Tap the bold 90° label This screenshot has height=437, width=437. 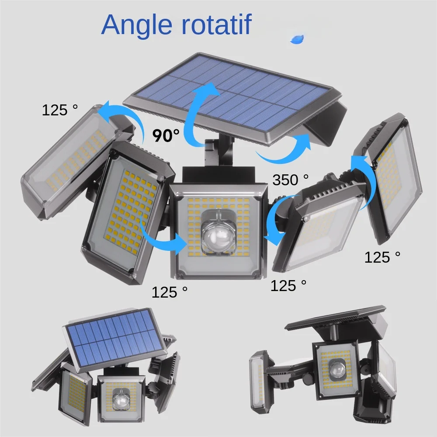[166, 135]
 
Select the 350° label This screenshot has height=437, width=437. [291, 180]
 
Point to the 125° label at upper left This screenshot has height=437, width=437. [59, 110]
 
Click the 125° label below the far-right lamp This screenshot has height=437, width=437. [382, 257]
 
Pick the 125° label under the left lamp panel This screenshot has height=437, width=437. [170, 292]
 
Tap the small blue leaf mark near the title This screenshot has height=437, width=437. [298, 39]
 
